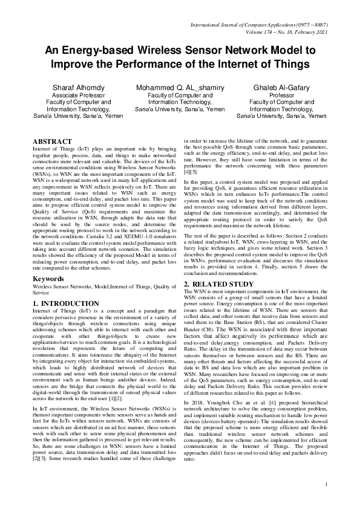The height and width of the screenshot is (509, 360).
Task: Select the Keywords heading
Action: tap(48, 279)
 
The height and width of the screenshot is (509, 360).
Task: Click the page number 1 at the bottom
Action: tap(326, 484)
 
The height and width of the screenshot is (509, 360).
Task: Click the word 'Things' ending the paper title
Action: tap(286, 63)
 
